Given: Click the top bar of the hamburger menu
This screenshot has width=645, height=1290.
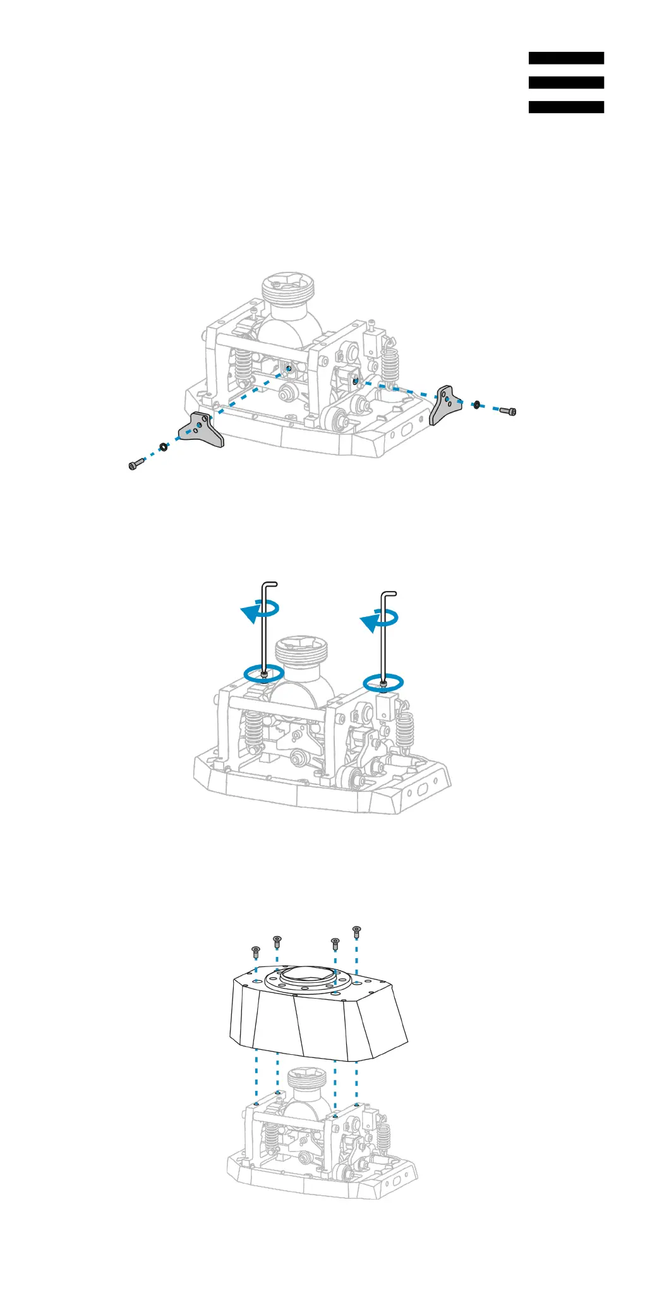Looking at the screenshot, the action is click(566, 58).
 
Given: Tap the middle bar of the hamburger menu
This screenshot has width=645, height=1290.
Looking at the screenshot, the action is click(566, 83).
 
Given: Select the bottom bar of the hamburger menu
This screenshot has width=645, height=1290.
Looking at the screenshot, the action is click(566, 107).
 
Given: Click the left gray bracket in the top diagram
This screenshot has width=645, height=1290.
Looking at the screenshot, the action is click(202, 430).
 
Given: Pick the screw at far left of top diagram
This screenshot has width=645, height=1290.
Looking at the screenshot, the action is click(135, 465).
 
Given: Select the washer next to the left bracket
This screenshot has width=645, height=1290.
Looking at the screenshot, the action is click(163, 446).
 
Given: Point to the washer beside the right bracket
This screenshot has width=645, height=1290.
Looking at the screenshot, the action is click(477, 404).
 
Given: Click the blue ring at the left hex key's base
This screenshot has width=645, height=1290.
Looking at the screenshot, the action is click(264, 673).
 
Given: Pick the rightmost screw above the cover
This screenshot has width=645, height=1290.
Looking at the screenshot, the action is click(356, 931).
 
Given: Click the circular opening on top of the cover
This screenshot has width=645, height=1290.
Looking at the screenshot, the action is click(304, 975).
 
